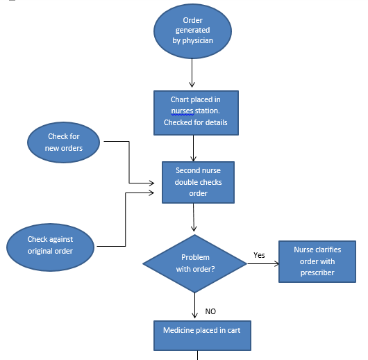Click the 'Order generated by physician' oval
[193, 31]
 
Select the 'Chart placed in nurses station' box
[195, 111]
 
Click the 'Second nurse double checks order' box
[198, 182]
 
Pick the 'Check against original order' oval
[50, 245]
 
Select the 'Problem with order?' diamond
[194, 263]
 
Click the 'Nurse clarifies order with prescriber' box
[317, 261]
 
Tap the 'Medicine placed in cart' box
[201, 334]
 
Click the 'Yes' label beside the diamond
[259, 255]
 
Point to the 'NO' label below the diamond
[210, 311]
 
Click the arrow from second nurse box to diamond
[194, 219]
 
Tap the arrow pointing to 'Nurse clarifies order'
[262, 264]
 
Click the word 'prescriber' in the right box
[317, 272]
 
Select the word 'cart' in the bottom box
[233, 330]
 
